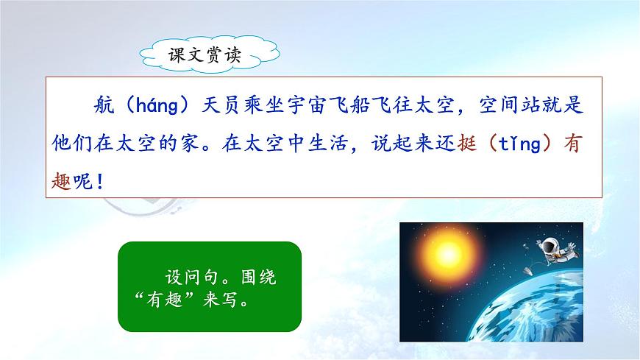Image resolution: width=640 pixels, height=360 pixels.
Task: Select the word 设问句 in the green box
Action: click(x=189, y=280)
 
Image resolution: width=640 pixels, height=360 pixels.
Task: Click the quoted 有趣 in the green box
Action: click(x=164, y=302)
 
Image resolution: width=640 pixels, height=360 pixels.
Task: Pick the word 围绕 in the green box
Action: click(x=263, y=280)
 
